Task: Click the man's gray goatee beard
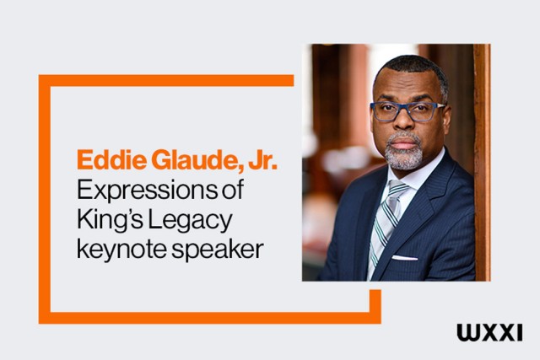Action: coord(403,154)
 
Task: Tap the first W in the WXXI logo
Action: coord(467,330)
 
